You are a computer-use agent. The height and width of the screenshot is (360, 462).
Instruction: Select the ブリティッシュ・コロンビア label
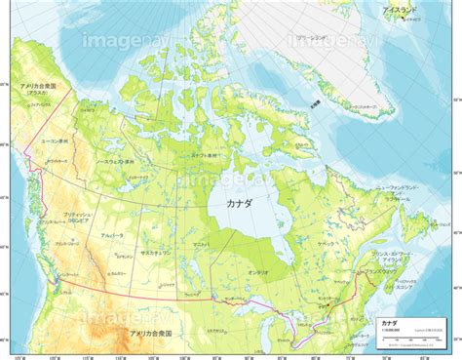76,216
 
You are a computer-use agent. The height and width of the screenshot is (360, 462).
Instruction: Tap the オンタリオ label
257,272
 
